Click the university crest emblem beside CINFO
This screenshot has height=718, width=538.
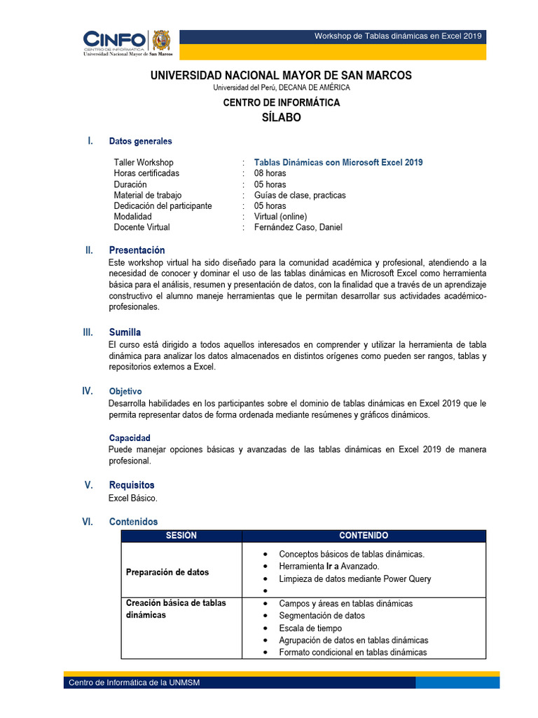(x=161, y=41)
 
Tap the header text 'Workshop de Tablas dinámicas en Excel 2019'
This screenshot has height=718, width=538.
(x=398, y=36)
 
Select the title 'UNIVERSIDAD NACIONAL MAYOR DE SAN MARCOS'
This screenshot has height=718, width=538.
(x=281, y=76)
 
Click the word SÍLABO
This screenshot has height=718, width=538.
(x=281, y=118)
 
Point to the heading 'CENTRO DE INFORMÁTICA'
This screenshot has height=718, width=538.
(x=281, y=102)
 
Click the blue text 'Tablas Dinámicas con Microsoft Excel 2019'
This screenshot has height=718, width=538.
(x=338, y=163)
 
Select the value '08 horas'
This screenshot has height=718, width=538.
(x=270, y=173)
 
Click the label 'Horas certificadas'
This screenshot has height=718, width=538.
(x=146, y=173)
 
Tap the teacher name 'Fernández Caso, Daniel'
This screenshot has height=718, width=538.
(x=298, y=227)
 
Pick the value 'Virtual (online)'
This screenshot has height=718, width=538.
(x=281, y=217)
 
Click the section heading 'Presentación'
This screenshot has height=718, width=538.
(x=137, y=250)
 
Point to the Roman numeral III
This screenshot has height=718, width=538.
(x=88, y=332)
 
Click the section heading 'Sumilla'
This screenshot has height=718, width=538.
(x=125, y=332)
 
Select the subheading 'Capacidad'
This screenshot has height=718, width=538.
(x=130, y=438)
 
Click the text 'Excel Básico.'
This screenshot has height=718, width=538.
(x=133, y=498)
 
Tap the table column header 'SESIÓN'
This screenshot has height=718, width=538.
(x=181, y=536)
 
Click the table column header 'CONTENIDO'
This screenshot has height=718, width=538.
(x=364, y=536)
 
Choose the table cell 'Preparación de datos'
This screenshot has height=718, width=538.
(x=167, y=572)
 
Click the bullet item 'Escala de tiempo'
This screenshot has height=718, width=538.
(x=310, y=628)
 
